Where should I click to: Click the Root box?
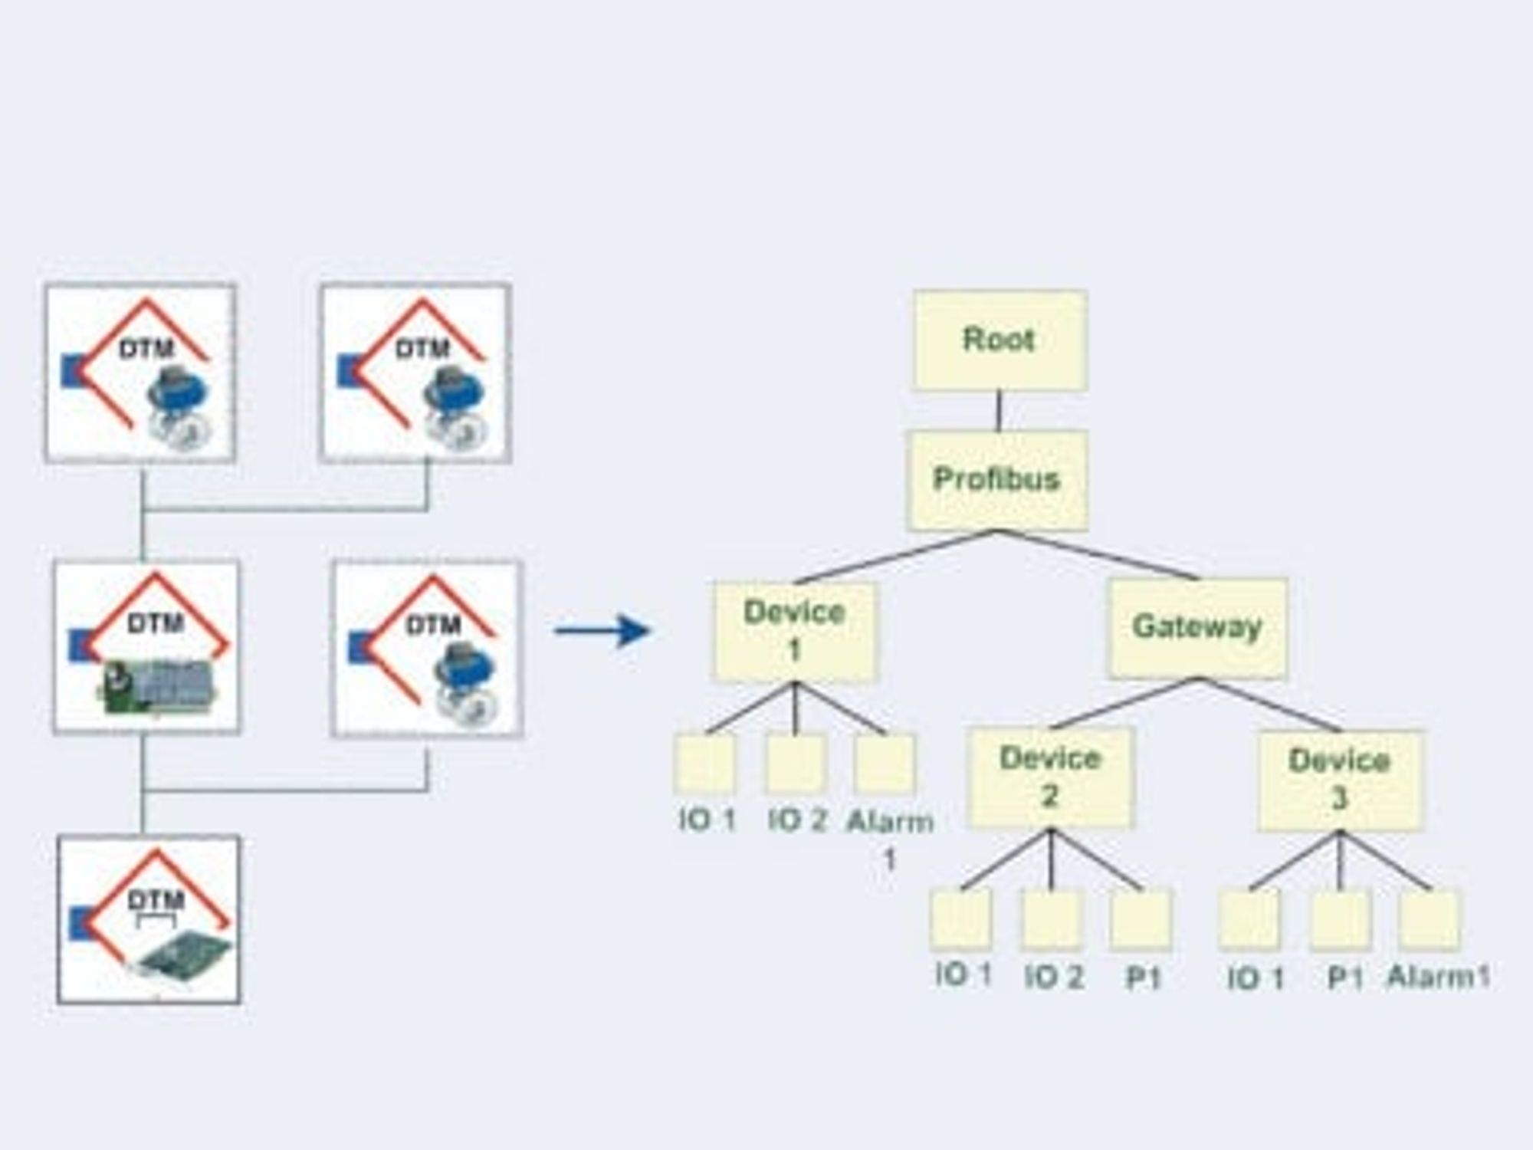[x=1000, y=340]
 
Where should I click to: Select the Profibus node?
[x=997, y=480]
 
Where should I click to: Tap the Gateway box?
[x=1197, y=628]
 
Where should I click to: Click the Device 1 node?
[x=794, y=632]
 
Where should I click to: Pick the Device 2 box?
[x=1050, y=777]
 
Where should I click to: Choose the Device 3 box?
[x=1340, y=780]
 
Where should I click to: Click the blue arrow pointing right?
[x=602, y=631]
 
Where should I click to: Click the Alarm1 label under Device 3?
[x=1439, y=977]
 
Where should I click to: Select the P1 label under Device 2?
[x=1143, y=978]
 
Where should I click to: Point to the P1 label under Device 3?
[x=1345, y=978]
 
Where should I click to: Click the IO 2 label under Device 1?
[x=797, y=821]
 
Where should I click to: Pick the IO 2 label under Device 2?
[x=1054, y=977]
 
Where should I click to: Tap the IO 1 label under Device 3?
[x=1256, y=978]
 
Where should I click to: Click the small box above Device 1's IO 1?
[x=705, y=764]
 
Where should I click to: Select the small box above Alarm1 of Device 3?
[x=1430, y=919]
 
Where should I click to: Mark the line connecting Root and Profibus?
[x=998, y=410]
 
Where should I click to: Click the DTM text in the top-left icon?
[x=146, y=350]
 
